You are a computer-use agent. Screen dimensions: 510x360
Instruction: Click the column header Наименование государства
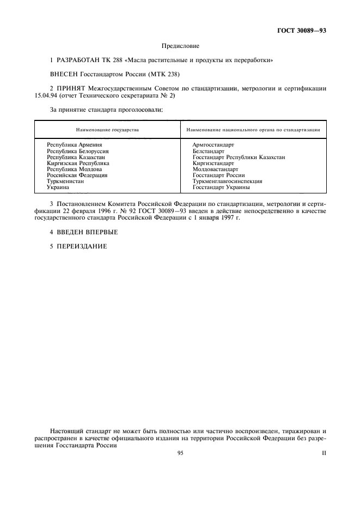point(107,130)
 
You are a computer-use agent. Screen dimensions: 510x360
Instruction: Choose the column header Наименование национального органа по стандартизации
point(253,130)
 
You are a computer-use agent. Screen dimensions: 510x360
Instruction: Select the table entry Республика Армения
point(75,144)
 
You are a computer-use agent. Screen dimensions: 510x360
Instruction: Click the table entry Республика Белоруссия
point(78,151)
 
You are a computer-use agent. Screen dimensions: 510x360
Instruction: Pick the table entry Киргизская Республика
point(78,163)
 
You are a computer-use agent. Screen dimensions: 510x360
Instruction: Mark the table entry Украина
point(58,187)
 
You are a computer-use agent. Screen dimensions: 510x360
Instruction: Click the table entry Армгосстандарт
point(213,144)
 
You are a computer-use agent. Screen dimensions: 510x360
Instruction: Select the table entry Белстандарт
point(208,151)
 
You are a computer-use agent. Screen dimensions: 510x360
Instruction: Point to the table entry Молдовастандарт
point(215,169)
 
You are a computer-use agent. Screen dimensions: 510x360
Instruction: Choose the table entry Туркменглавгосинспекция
point(227,181)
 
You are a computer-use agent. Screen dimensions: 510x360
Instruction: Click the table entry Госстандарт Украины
point(221,187)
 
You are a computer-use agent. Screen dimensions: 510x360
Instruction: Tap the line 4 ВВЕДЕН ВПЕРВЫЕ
point(83,232)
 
